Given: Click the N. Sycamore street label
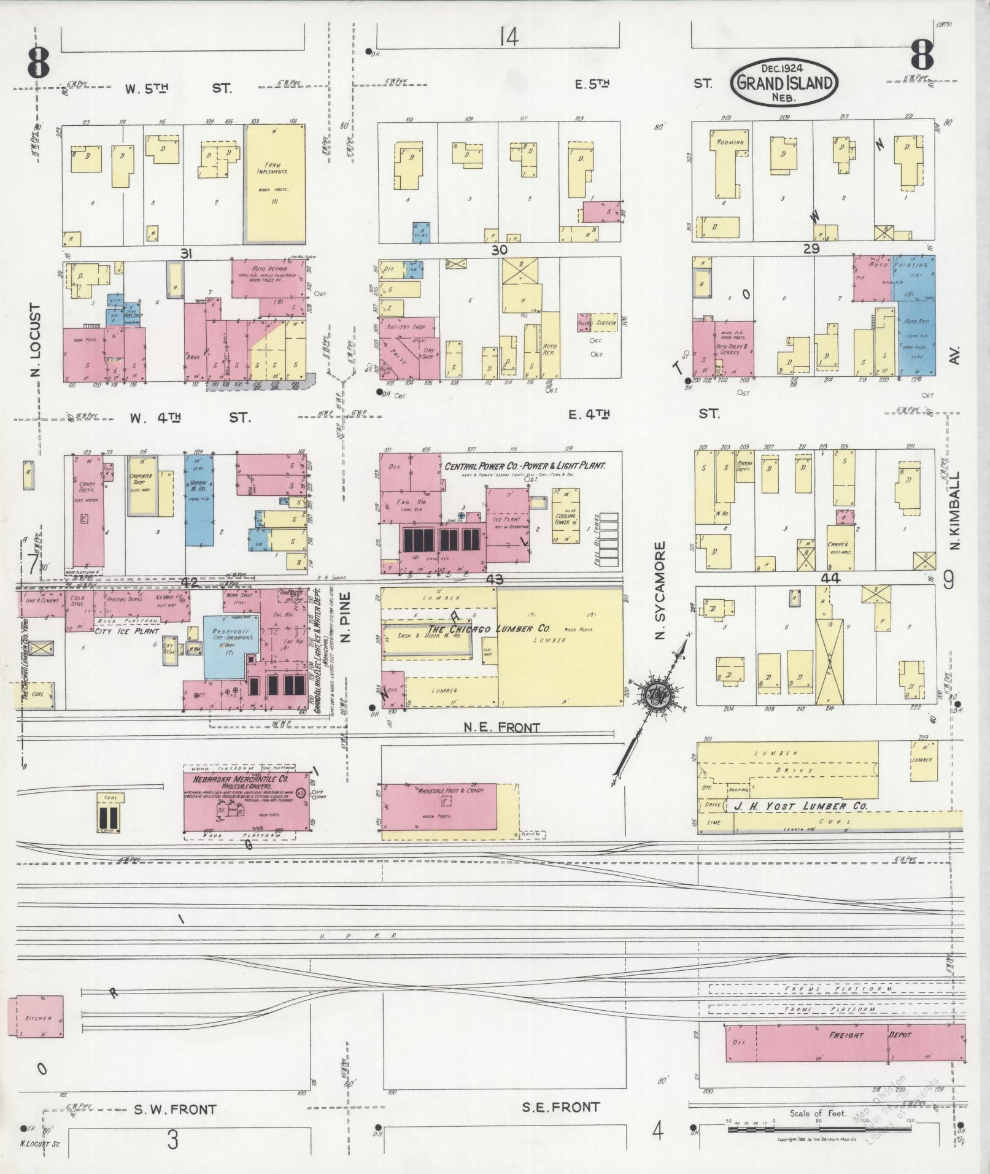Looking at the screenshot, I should [660, 590].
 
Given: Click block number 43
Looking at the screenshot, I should [493, 579].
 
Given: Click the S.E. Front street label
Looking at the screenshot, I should [560, 1107].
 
